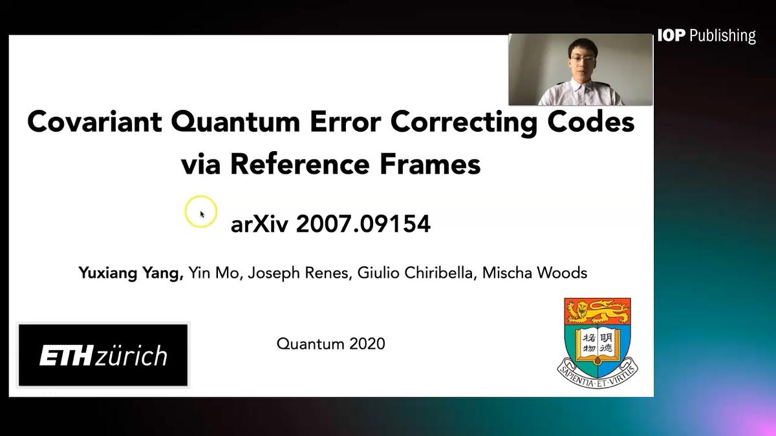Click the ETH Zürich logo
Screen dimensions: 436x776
click(x=103, y=355)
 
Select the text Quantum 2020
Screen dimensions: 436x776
click(x=330, y=344)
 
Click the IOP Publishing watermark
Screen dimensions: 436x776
click(x=706, y=36)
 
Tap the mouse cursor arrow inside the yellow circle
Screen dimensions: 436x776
click(x=202, y=214)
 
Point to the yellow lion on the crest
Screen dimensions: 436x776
click(x=597, y=312)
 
